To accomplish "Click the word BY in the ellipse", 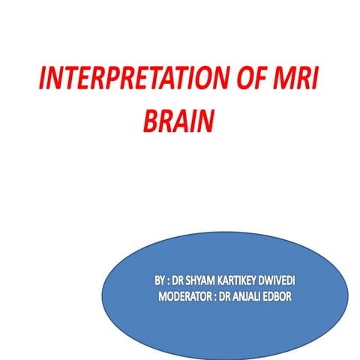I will (x=160, y=280).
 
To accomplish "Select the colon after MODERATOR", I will (x=220, y=296).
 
